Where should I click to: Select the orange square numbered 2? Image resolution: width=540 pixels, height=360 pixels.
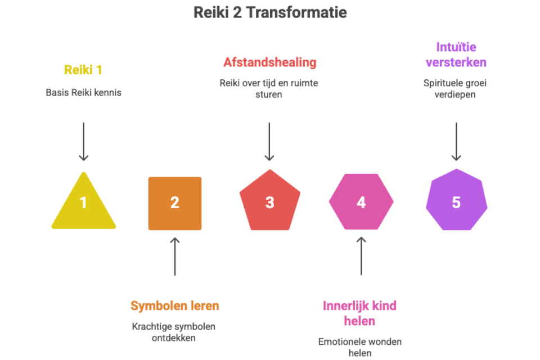pyautogui.click(x=174, y=203)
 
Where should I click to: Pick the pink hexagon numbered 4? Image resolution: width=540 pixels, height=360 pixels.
pyautogui.click(x=361, y=202)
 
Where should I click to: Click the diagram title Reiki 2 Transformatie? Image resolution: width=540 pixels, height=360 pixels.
pyautogui.click(x=270, y=12)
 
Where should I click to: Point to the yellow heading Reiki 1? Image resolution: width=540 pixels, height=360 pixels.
pyautogui.click(x=83, y=70)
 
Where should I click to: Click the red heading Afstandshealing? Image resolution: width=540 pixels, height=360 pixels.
pyautogui.click(x=269, y=62)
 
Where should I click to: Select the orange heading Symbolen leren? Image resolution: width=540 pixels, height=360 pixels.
pyautogui.click(x=174, y=306)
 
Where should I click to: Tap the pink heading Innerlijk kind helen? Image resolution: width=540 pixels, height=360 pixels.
pyautogui.click(x=359, y=313)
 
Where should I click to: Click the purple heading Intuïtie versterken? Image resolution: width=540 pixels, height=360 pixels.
pyautogui.click(x=456, y=55)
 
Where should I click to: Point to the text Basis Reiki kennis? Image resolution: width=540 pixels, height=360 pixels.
pyautogui.click(x=83, y=92)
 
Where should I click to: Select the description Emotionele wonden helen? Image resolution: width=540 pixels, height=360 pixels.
pyautogui.click(x=360, y=347)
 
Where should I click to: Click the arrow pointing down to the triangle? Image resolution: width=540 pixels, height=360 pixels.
pyautogui.click(x=83, y=142)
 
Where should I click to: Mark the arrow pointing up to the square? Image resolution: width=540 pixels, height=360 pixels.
pyautogui.click(x=174, y=256)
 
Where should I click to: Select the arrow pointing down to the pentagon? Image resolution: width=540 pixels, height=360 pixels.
pyautogui.click(x=269, y=142)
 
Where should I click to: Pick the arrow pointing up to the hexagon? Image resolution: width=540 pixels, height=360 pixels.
pyautogui.click(x=361, y=256)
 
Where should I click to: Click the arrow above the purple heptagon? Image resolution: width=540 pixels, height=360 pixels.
pyautogui.click(x=456, y=142)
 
